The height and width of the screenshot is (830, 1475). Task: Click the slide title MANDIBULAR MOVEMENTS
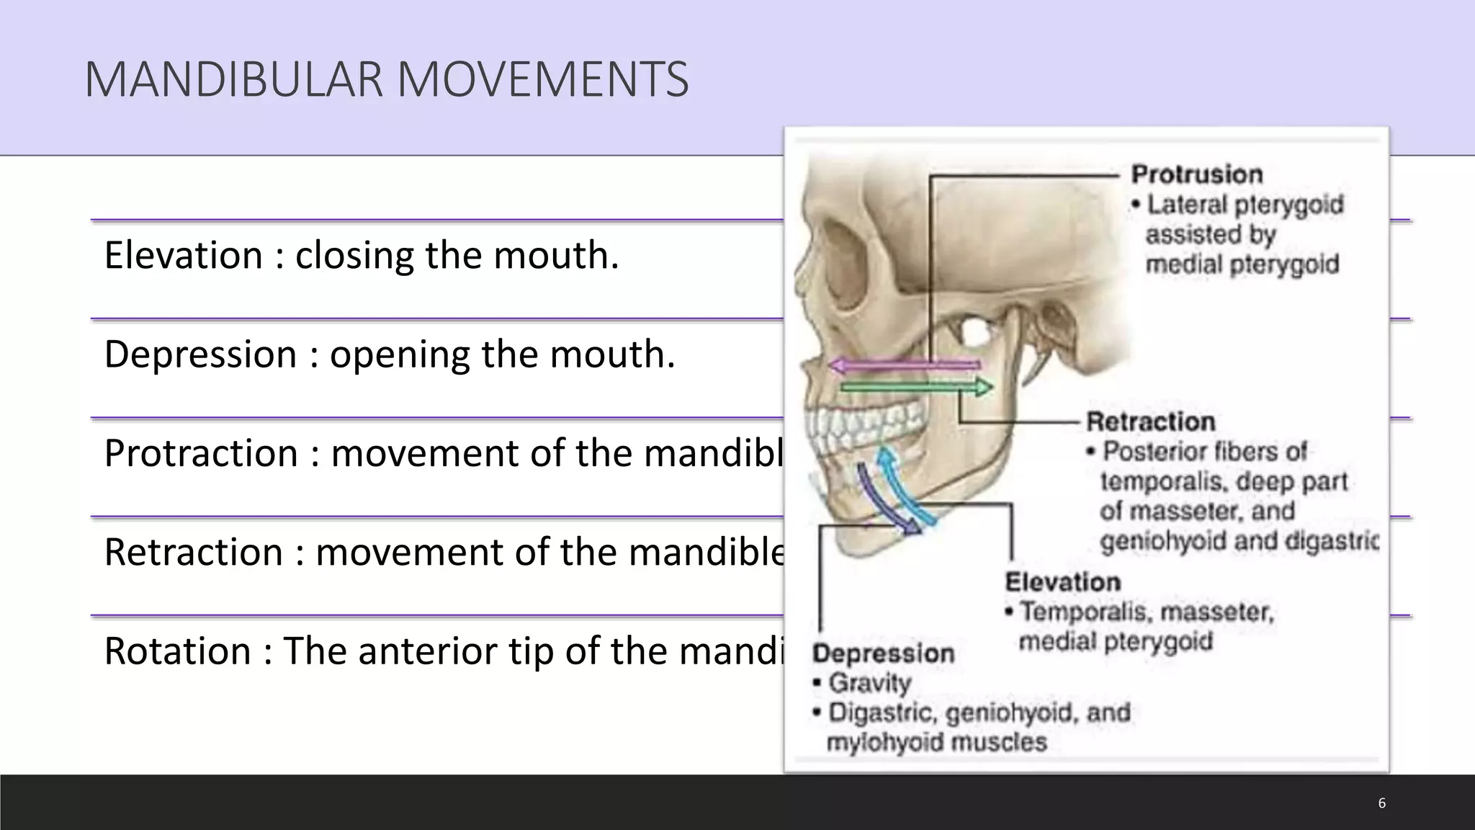pyautogui.click(x=386, y=79)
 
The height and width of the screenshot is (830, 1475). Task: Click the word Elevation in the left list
pyautogui.click(x=183, y=256)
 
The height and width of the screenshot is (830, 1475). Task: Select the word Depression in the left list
pyautogui.click(x=200, y=354)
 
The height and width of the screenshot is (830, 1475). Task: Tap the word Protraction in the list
pyautogui.click(x=201, y=454)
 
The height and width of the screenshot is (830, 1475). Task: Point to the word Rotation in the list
pyautogui.click(x=177, y=651)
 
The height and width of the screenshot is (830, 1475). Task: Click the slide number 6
pyautogui.click(x=1381, y=803)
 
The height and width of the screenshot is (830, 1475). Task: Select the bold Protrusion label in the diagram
pyautogui.click(x=1197, y=174)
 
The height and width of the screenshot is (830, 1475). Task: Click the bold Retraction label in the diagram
pyautogui.click(x=1150, y=421)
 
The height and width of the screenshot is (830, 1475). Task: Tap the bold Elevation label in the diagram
pyautogui.click(x=1062, y=582)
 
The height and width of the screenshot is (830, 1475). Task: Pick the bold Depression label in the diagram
pyautogui.click(x=883, y=653)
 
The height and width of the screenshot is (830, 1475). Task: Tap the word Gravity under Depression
pyautogui.click(x=869, y=682)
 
